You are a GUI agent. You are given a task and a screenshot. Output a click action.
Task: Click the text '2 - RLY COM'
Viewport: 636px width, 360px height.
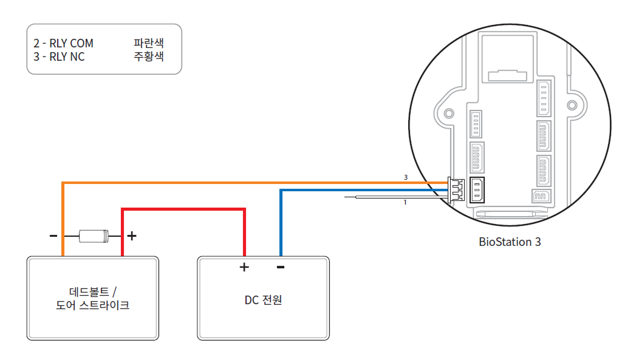(64, 44)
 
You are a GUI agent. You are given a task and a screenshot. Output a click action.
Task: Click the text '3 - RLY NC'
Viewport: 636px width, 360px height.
(60, 57)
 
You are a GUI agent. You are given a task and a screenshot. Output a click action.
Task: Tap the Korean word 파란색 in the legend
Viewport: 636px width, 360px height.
(149, 44)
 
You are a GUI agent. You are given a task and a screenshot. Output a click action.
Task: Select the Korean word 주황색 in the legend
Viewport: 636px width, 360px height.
(149, 57)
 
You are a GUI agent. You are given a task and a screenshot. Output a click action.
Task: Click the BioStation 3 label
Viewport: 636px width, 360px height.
(510, 242)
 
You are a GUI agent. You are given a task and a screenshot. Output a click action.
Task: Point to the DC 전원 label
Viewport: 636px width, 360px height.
(264, 300)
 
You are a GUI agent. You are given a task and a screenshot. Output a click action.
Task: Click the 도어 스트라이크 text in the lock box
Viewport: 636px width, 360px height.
(92, 305)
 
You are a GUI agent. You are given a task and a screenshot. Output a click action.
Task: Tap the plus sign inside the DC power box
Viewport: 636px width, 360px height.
(244, 267)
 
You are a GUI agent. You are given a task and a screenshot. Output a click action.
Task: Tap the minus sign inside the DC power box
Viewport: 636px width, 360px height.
(281, 267)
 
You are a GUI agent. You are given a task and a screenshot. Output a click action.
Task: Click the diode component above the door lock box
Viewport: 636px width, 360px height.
(94, 236)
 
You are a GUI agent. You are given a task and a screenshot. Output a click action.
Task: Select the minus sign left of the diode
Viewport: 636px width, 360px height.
(53, 236)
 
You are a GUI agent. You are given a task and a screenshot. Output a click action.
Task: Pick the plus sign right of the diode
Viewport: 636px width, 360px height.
(131, 236)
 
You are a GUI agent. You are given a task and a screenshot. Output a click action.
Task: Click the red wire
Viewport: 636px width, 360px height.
(182, 209)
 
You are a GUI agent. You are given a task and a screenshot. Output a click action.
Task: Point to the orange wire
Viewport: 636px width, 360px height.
(243, 182)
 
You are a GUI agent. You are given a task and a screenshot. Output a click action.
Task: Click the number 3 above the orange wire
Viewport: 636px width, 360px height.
(405, 177)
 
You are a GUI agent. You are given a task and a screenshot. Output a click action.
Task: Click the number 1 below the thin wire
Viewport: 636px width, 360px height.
(405, 202)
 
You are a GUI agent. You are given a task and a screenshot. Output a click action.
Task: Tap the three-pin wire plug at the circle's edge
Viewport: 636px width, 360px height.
(456, 189)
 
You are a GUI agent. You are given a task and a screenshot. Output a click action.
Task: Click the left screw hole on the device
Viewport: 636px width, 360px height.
(449, 114)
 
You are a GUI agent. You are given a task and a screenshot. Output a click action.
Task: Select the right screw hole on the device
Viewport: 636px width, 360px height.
(572, 106)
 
